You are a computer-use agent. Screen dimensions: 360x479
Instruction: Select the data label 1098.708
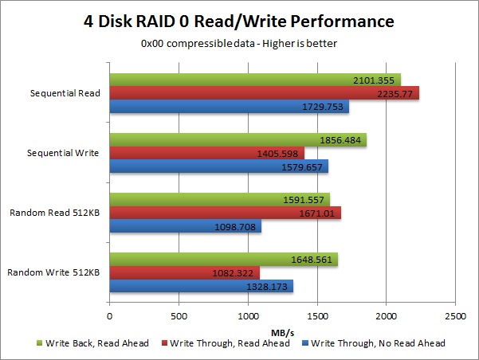232,226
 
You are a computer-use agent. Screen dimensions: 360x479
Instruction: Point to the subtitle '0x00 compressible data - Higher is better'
239,43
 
